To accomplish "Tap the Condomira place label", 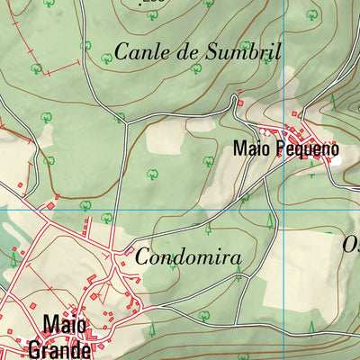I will [x=188, y=257].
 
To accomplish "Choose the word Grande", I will [x=59, y=348].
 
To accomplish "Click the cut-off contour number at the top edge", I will [x=154, y=3].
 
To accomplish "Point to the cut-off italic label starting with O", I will [x=351, y=244].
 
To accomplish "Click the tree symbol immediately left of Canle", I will [x=106, y=58].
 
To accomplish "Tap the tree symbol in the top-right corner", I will [x=312, y=13].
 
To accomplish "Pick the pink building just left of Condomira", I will [x=130, y=251].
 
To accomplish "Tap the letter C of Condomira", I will [x=143, y=257].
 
